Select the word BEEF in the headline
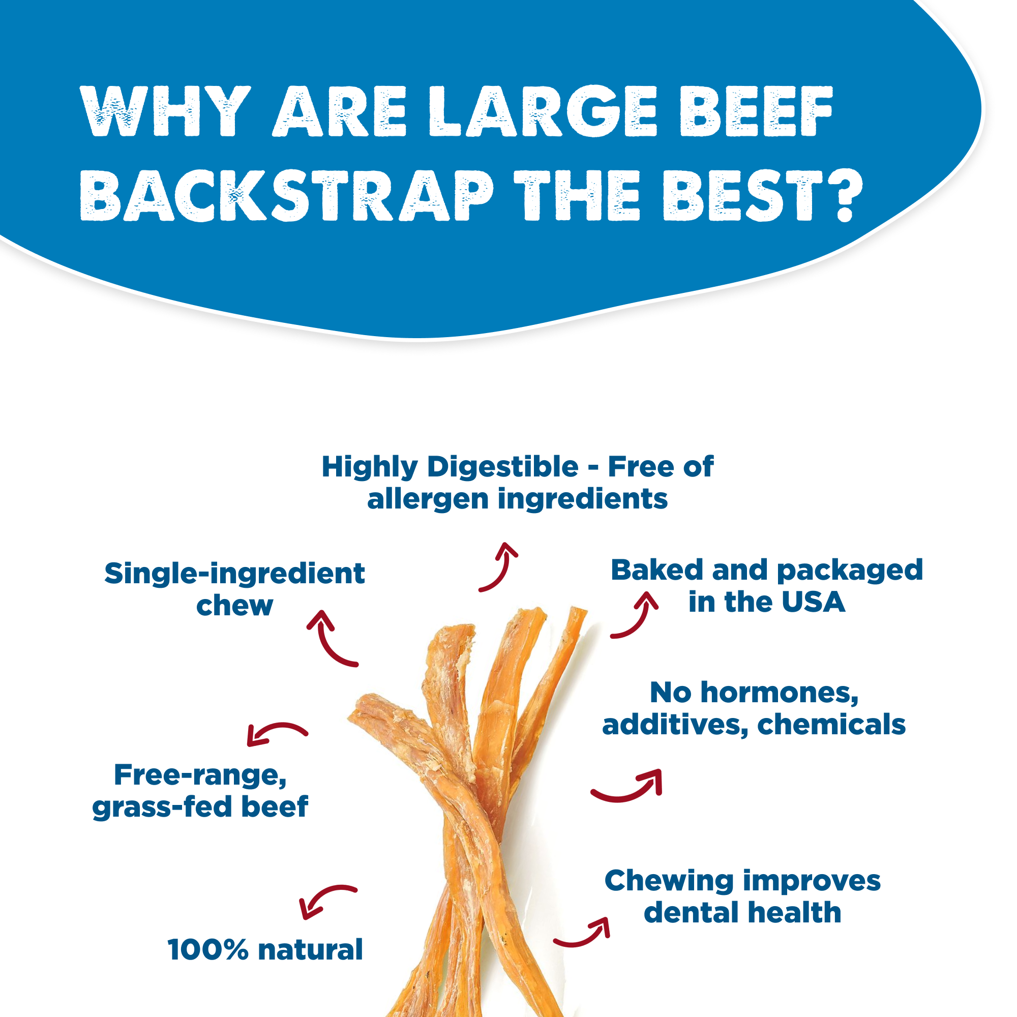[x=756, y=111]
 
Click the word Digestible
[x=503, y=467]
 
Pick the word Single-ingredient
[x=234, y=573]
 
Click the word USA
[x=813, y=602]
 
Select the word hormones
[x=779, y=693]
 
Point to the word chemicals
[x=831, y=725]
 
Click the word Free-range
[x=200, y=775]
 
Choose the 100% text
[x=207, y=949]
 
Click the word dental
[x=685, y=912]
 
